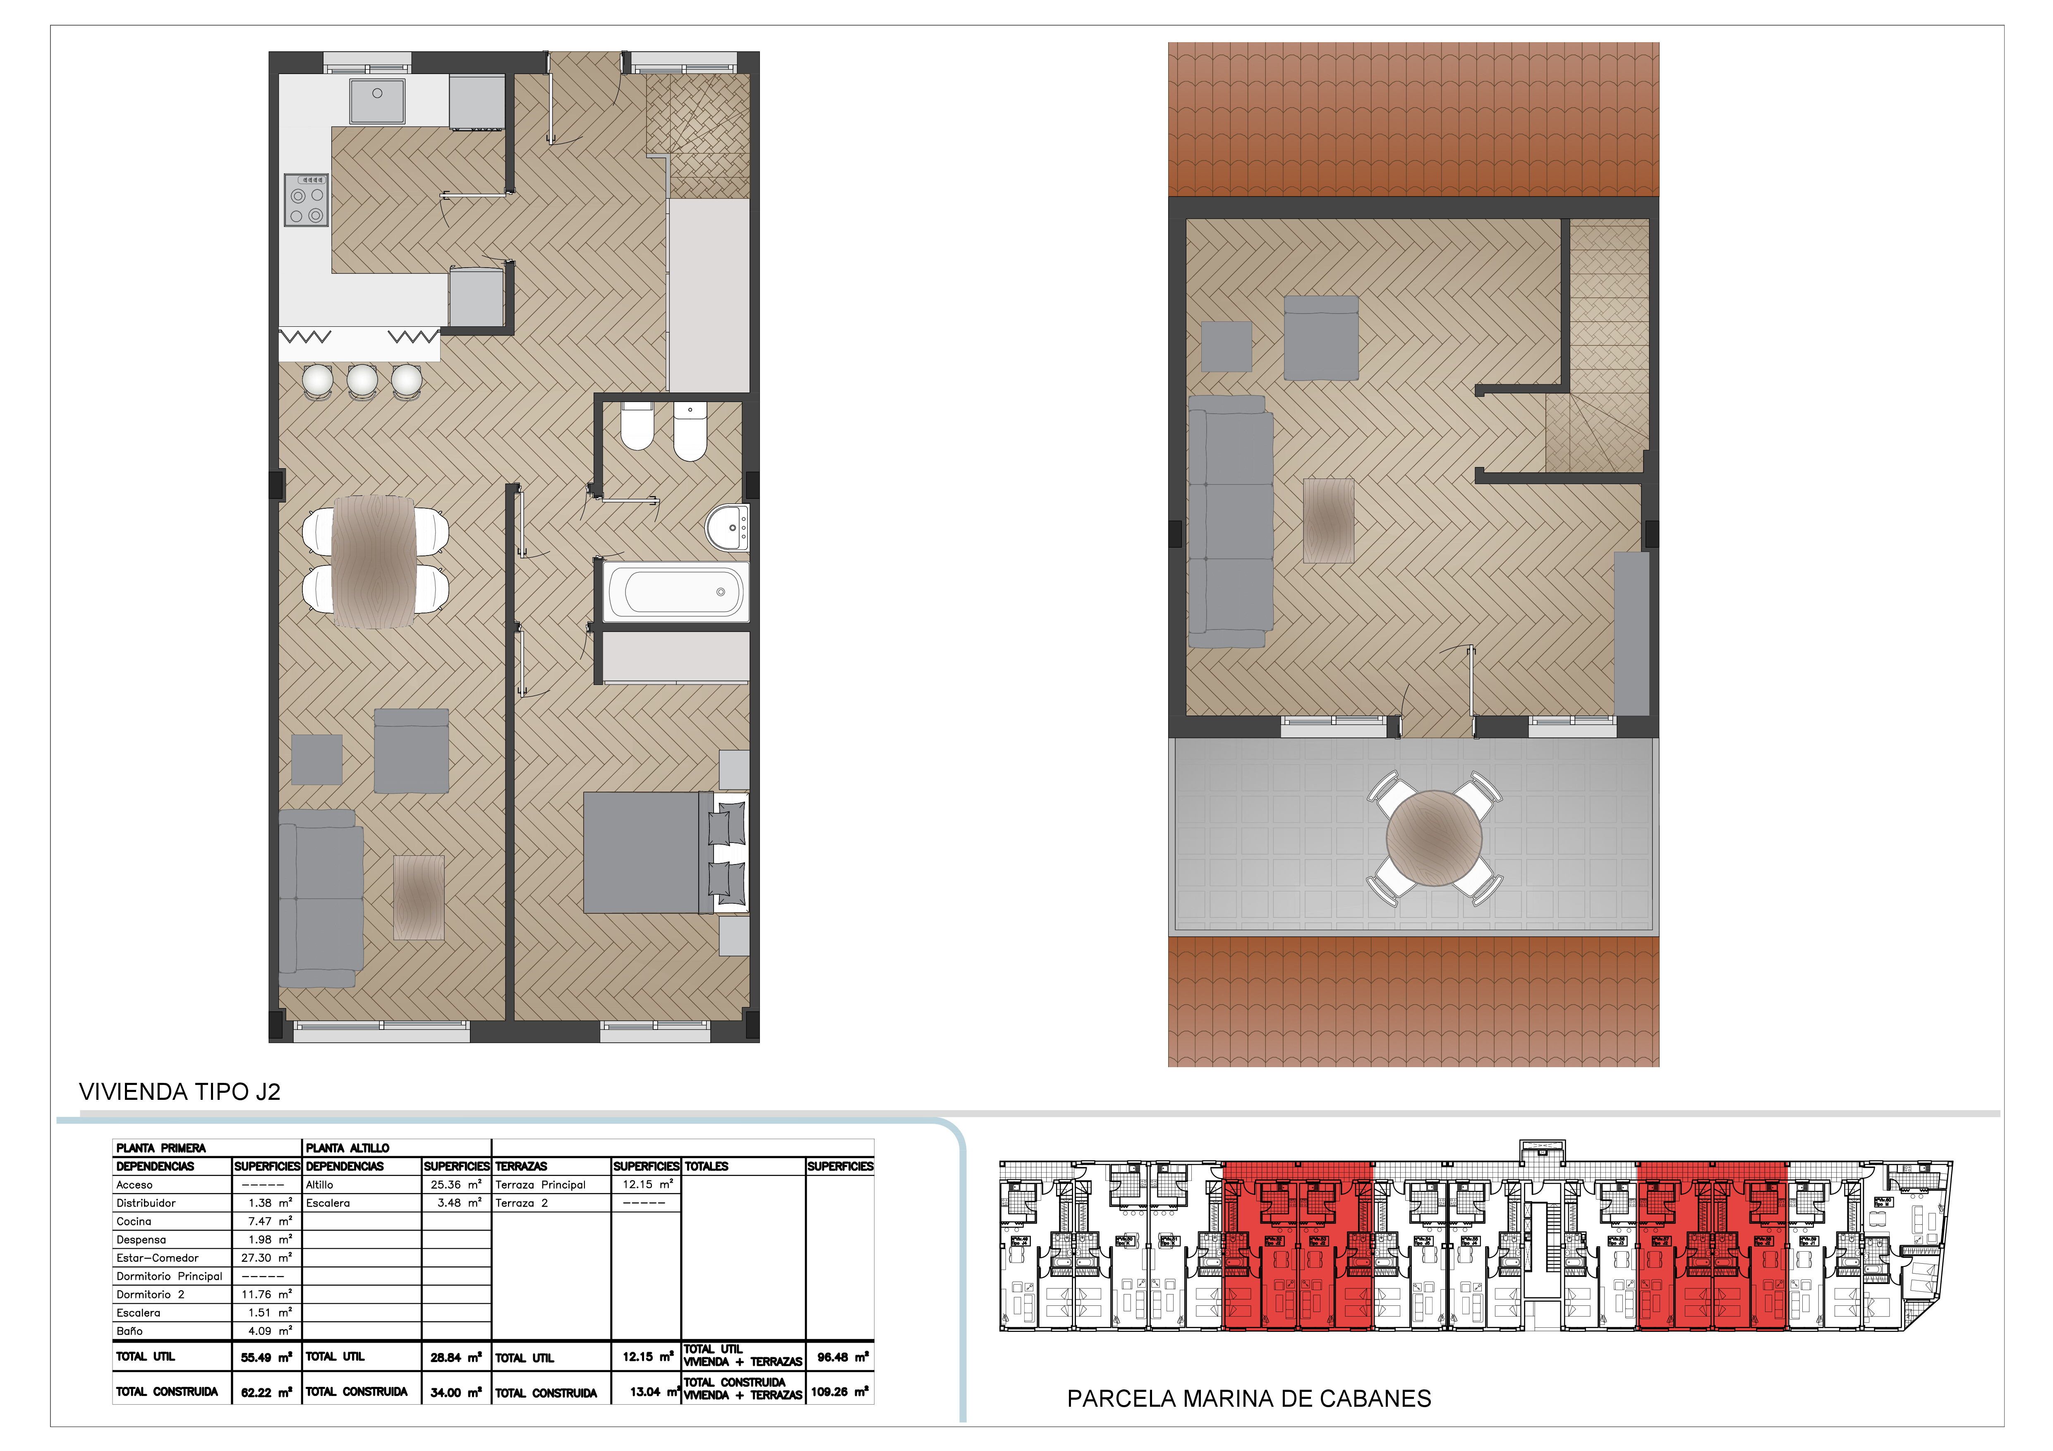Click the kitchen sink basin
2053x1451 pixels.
coord(377,100)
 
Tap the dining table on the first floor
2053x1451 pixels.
coord(374,561)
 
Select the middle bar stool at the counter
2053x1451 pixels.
coord(362,380)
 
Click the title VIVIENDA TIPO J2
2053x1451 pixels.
coord(180,1092)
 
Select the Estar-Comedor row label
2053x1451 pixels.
coord(157,1258)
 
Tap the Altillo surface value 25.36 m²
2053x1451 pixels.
coord(456,1185)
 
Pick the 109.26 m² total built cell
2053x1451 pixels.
coord(839,1392)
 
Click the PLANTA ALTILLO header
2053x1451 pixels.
coord(348,1148)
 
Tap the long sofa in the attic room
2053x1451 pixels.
coord(1230,521)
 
